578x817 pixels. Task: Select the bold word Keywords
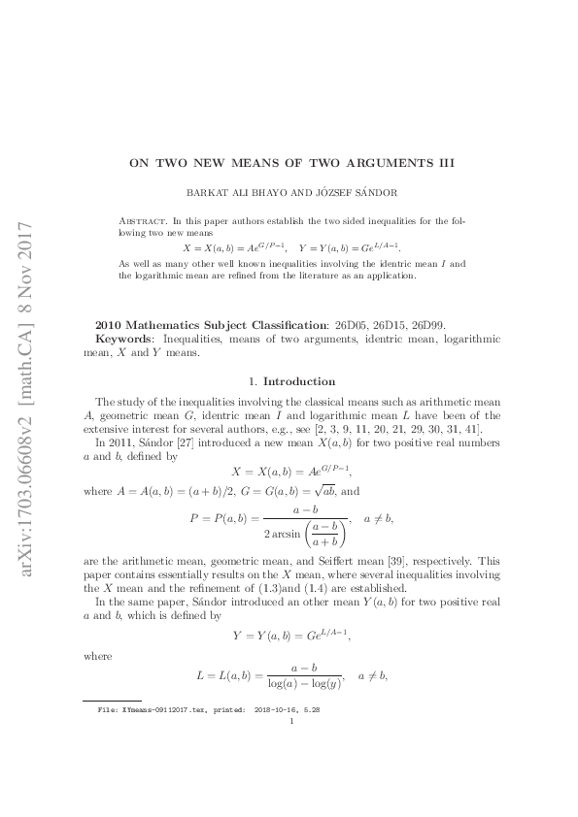click(121, 339)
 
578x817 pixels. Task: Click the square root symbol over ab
click(323, 491)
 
